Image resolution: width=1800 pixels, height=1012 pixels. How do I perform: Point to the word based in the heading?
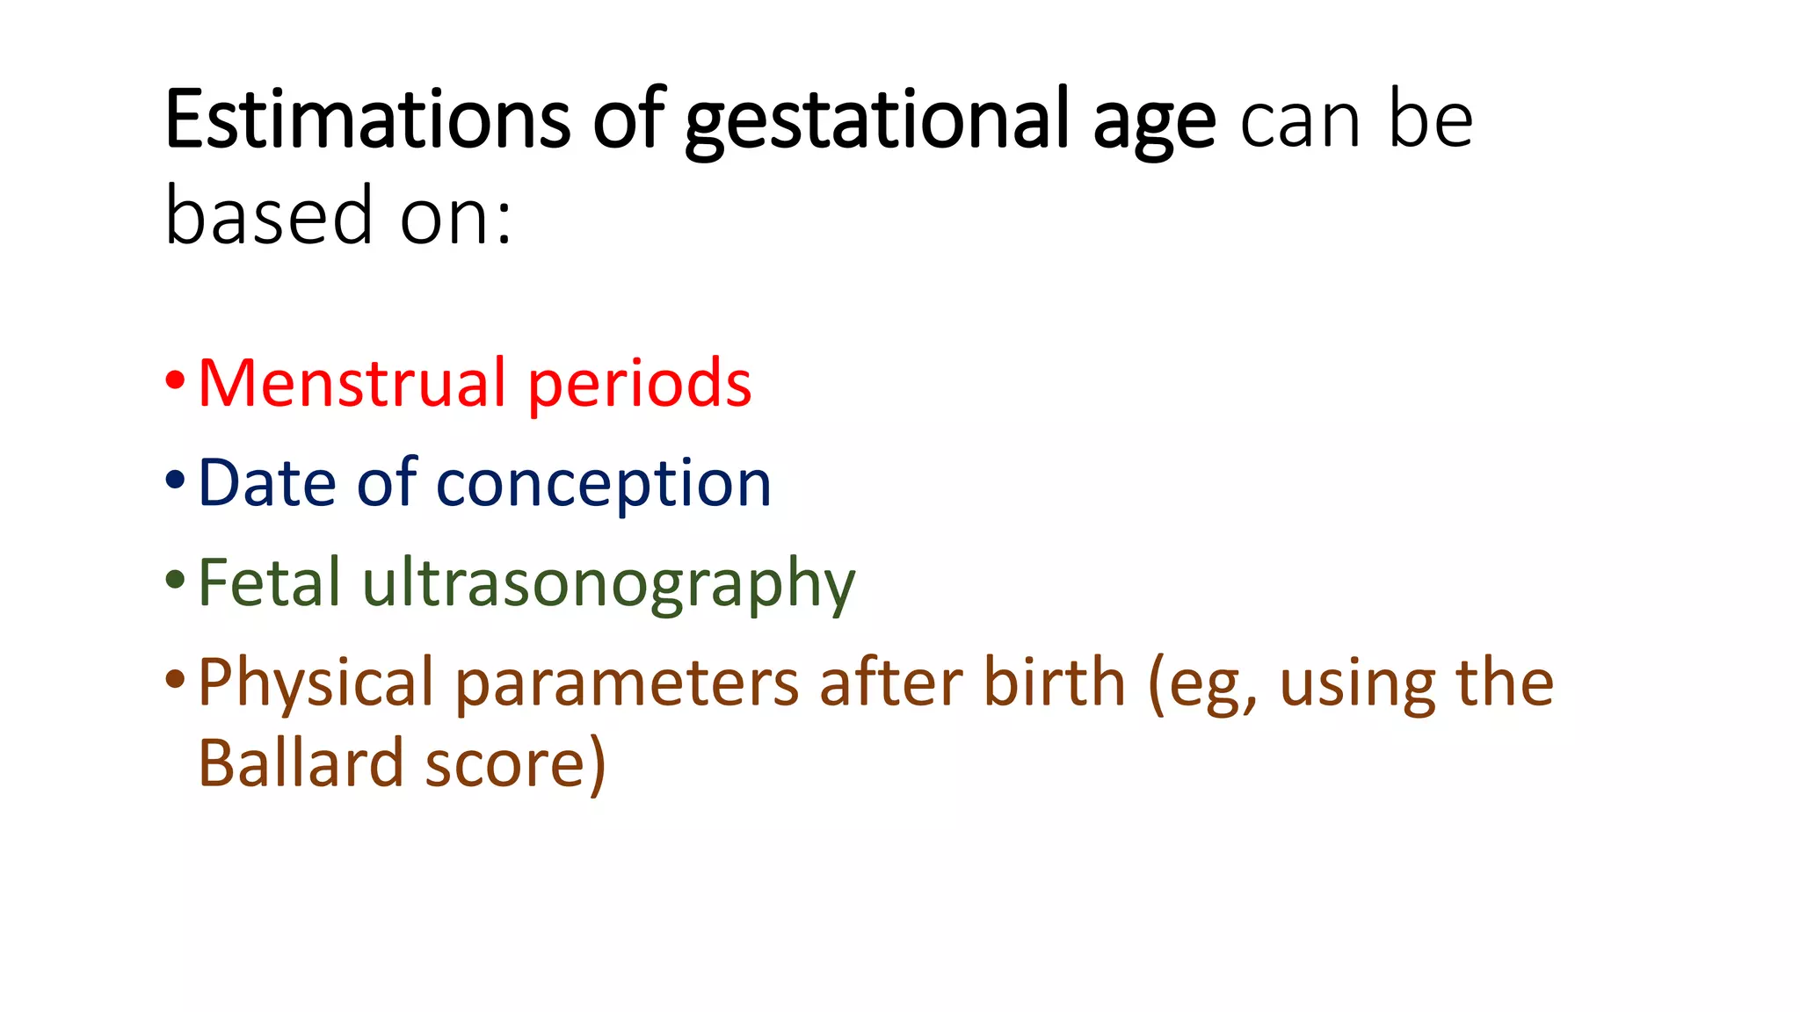(269, 215)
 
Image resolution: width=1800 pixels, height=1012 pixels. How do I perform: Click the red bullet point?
(175, 381)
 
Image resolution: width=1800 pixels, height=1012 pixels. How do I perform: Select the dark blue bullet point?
(175, 481)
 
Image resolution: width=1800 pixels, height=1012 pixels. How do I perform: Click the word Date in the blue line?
(267, 482)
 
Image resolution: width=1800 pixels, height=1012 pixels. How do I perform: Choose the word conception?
(603, 486)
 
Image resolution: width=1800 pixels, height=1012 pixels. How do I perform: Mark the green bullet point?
(175, 580)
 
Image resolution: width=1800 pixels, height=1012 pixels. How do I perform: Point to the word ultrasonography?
(608, 586)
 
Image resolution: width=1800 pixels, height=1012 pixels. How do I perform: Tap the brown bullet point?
(175, 679)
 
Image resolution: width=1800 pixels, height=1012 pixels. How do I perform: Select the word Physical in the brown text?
(316, 683)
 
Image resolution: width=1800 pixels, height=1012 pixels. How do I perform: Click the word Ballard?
(300, 763)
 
